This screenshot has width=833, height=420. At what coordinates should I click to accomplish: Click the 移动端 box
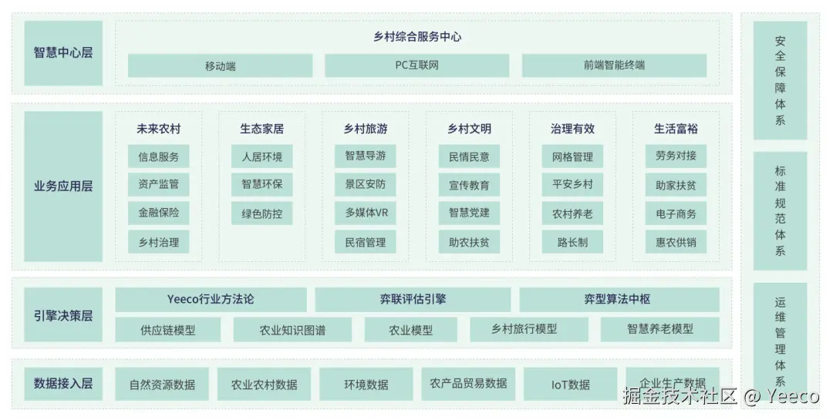click(220, 66)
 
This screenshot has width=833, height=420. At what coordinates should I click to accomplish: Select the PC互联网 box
click(416, 66)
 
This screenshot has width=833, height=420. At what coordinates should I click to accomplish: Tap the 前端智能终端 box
click(614, 66)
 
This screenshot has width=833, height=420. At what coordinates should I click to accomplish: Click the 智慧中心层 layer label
click(63, 53)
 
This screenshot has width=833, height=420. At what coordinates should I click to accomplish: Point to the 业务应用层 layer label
click(63, 186)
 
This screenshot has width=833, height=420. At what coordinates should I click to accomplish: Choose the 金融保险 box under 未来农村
click(159, 213)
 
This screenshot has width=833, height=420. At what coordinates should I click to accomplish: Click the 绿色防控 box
click(262, 213)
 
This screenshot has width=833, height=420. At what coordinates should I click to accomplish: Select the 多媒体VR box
click(366, 213)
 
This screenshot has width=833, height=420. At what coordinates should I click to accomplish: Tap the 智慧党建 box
click(469, 213)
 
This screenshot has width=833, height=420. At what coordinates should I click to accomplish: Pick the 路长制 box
click(572, 242)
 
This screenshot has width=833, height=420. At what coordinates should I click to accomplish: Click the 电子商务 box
click(676, 213)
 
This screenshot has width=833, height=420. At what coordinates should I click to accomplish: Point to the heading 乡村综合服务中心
click(416, 36)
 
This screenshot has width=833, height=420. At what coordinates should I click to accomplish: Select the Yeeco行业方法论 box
click(211, 299)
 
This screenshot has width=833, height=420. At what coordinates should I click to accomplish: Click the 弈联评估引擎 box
click(413, 299)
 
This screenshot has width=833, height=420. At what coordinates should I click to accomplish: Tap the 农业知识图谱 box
click(292, 330)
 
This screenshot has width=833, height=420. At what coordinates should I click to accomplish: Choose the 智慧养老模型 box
click(659, 329)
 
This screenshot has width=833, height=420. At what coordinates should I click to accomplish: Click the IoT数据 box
click(571, 384)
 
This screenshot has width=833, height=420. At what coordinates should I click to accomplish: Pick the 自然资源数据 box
click(162, 384)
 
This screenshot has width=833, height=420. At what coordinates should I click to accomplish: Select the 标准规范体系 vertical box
click(780, 210)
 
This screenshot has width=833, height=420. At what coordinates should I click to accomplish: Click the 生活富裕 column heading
click(676, 129)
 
